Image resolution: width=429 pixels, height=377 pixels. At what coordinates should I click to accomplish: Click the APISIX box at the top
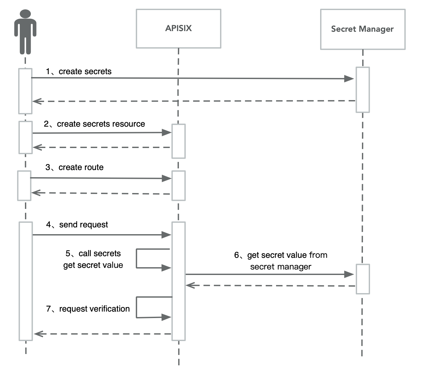pyautogui.click(x=178, y=29)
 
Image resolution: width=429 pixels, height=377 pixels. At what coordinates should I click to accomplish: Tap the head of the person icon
pyautogui.click(x=25, y=15)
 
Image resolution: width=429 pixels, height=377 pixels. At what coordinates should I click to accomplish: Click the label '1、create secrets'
pyautogui.click(x=79, y=72)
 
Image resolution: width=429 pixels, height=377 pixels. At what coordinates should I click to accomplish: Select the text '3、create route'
pyautogui.click(x=75, y=167)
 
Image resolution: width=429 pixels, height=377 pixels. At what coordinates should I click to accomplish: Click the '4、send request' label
pyautogui.click(x=77, y=225)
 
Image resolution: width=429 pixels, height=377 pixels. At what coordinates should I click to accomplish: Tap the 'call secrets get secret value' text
pyautogui.click(x=93, y=259)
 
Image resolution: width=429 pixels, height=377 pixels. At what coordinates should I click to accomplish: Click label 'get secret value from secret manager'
pyautogui.click(x=281, y=261)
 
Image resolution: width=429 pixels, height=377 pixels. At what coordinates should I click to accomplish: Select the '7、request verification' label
pyautogui.click(x=88, y=309)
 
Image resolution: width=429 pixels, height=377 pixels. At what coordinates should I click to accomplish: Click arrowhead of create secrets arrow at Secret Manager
pyautogui.click(x=349, y=79)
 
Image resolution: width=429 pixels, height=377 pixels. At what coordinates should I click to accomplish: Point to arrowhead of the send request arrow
pyautogui.click(x=167, y=235)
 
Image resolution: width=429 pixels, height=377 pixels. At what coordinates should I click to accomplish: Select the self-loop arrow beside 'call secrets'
pyautogui.click(x=137, y=258)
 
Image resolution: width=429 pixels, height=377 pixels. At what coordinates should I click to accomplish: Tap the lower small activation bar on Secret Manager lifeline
pyautogui.click(x=363, y=279)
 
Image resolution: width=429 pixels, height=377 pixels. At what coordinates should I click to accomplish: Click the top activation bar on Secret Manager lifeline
pyautogui.click(x=363, y=90)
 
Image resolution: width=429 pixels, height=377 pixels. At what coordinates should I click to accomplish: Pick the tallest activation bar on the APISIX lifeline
pyautogui.click(x=178, y=281)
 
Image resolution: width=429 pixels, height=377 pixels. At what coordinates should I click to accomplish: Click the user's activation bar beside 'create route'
pyautogui.click(x=24, y=186)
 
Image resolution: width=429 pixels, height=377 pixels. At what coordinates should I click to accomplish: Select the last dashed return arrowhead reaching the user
pyautogui.click(x=38, y=334)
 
